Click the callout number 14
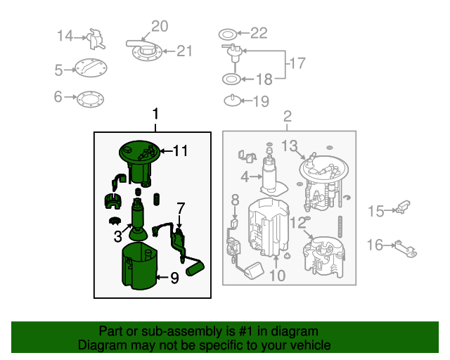pos(65,36)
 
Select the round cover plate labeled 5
pos(92,69)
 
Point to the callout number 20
pos(160,27)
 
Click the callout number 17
pos(297,63)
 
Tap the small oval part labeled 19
pos(232,101)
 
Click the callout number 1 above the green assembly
pos(156,113)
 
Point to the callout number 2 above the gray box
pos(288,116)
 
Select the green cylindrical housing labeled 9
pos(139,267)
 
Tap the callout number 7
pos(180,208)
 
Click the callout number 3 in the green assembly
pos(118,237)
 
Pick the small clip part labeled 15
pos(402,207)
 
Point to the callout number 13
pos(290,146)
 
